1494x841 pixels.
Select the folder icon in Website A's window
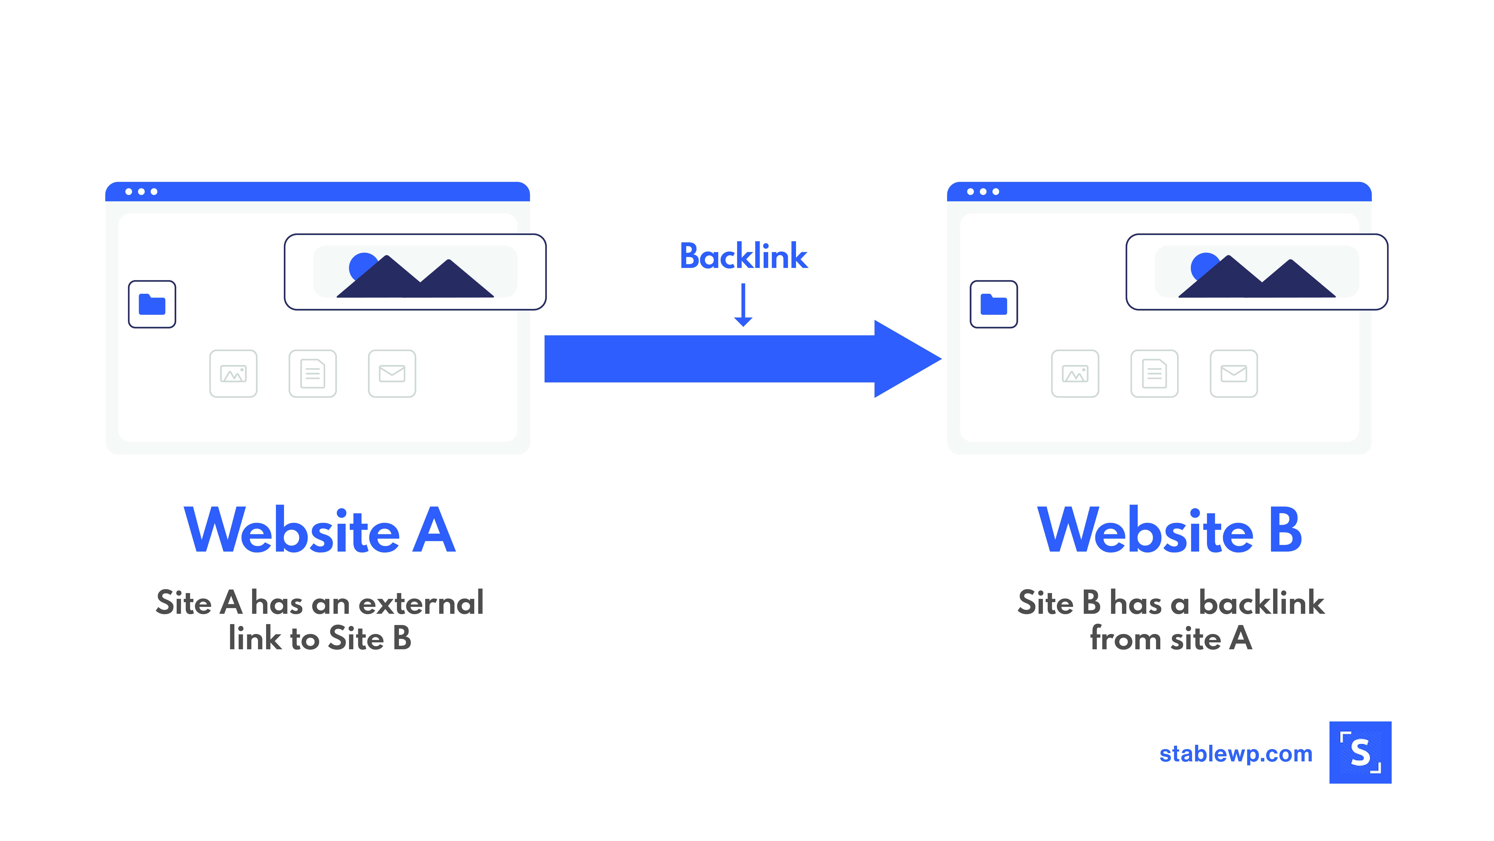coord(152,304)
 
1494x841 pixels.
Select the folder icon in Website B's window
coord(994,304)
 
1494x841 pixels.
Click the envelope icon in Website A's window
coord(392,373)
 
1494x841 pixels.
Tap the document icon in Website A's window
coord(313,373)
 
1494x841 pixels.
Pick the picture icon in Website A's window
coord(233,373)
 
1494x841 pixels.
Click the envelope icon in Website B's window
coord(1234,373)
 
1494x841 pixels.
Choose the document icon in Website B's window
coord(1154,373)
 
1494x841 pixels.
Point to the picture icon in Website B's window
coord(1075,373)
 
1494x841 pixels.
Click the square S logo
coord(1360,752)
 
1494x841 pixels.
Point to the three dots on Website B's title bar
coord(983,192)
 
